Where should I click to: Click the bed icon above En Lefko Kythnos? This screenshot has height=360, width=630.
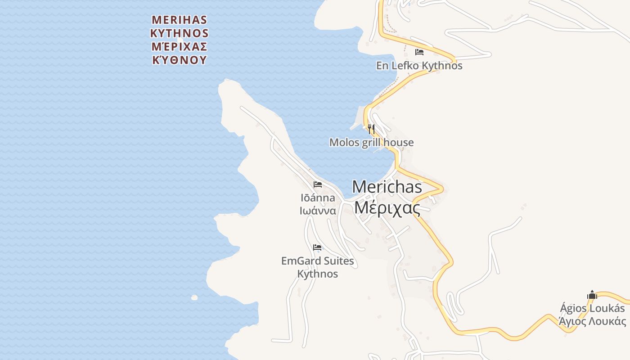[x=419, y=52]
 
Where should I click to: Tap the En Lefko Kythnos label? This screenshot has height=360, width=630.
[x=419, y=66]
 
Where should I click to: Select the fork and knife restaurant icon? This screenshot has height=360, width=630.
[x=371, y=129]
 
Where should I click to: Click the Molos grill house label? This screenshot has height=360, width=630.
[x=371, y=143]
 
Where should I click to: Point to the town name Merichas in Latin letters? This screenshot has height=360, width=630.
[x=387, y=187]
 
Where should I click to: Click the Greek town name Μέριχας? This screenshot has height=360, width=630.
[x=387, y=208]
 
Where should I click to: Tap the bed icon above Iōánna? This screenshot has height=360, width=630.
[x=318, y=184]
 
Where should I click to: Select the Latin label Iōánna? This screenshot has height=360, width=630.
[x=318, y=198]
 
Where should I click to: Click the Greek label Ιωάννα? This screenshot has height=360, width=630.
[x=318, y=211]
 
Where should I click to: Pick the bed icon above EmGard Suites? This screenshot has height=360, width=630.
[x=317, y=247]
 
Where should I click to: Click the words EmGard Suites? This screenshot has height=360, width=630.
[x=318, y=261]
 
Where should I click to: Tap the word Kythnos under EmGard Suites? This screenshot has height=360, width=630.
[x=318, y=274]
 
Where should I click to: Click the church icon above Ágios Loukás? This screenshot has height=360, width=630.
[x=592, y=295]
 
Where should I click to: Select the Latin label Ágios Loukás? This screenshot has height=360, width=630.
[x=592, y=308]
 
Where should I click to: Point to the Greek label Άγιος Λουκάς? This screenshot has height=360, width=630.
[x=592, y=321]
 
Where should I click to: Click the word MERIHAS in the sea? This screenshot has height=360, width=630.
[x=180, y=20]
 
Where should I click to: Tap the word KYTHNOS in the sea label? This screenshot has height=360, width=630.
[x=180, y=33]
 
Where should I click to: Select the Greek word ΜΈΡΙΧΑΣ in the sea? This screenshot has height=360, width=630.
[x=180, y=46]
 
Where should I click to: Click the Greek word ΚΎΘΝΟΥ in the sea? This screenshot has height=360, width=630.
[x=180, y=60]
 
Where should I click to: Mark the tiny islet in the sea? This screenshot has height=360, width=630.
[x=194, y=297]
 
